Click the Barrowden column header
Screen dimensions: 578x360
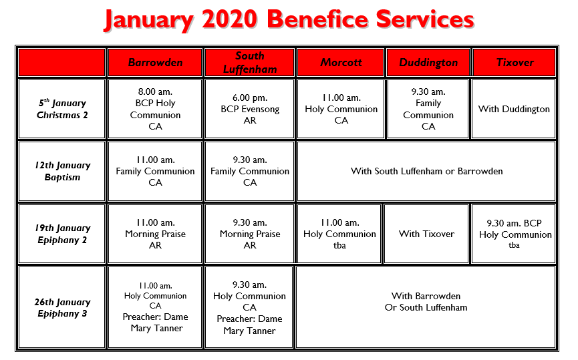(155, 62)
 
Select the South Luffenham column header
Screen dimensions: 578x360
(249, 62)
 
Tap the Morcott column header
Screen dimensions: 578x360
(341, 62)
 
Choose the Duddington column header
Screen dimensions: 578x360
(428, 62)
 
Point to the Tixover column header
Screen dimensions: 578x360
(515, 62)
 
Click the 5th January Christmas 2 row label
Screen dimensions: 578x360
(62, 109)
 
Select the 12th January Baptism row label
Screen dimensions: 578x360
(62, 172)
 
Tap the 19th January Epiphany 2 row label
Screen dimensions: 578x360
(62, 234)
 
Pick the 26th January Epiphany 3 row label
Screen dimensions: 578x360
(62, 307)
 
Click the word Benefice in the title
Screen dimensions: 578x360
(318, 19)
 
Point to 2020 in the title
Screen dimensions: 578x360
(229, 19)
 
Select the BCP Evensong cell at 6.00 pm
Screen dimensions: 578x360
(249, 109)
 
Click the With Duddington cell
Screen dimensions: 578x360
(513, 109)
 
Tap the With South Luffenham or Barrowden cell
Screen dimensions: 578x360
(426, 172)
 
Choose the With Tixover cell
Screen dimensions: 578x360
(426, 234)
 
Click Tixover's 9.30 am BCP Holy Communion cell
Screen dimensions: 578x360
(513, 234)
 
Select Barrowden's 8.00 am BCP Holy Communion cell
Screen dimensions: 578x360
(155, 109)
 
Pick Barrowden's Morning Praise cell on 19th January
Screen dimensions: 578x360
(155, 234)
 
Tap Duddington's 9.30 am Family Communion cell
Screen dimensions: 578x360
(428, 109)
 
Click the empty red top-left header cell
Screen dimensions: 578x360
(62, 62)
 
